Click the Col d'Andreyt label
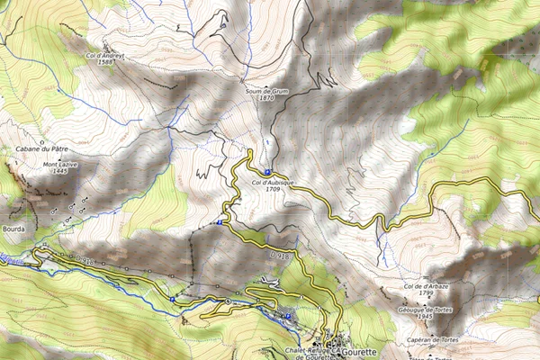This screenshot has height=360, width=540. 105,56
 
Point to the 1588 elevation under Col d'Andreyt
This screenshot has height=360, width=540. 105,63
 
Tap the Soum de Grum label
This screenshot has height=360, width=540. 265,91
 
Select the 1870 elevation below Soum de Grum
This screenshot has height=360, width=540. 265,98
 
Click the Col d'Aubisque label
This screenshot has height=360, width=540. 274,183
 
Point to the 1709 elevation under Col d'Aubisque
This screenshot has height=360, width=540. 274,190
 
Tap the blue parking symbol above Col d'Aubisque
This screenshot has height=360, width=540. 267,172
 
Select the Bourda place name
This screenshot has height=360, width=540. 15,229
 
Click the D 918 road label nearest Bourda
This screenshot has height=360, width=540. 85,261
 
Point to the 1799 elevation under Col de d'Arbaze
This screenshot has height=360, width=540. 426,293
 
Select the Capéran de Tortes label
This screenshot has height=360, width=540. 433,340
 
